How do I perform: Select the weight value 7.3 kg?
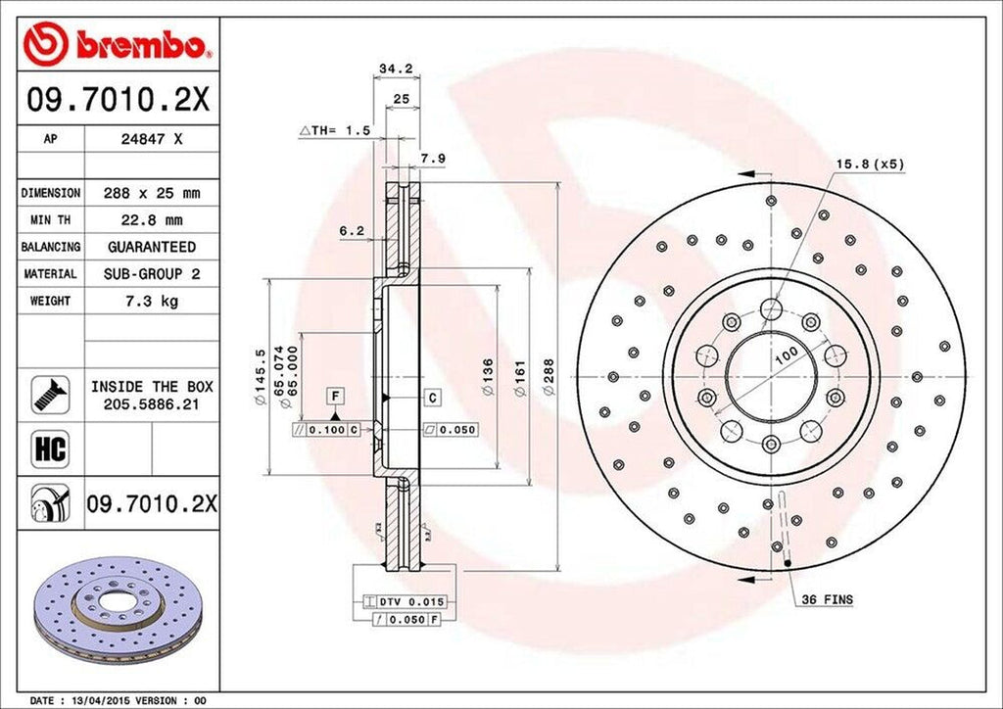pos(152,302)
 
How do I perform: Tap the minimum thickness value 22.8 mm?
pos(152,220)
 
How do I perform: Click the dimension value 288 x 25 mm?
pos(152,194)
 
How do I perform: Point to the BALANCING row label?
pos(51,248)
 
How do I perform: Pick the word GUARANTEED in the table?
pos(152,248)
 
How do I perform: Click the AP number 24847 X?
pos(152,140)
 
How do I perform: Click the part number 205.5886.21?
pos(152,402)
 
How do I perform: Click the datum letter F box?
pos(335,396)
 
